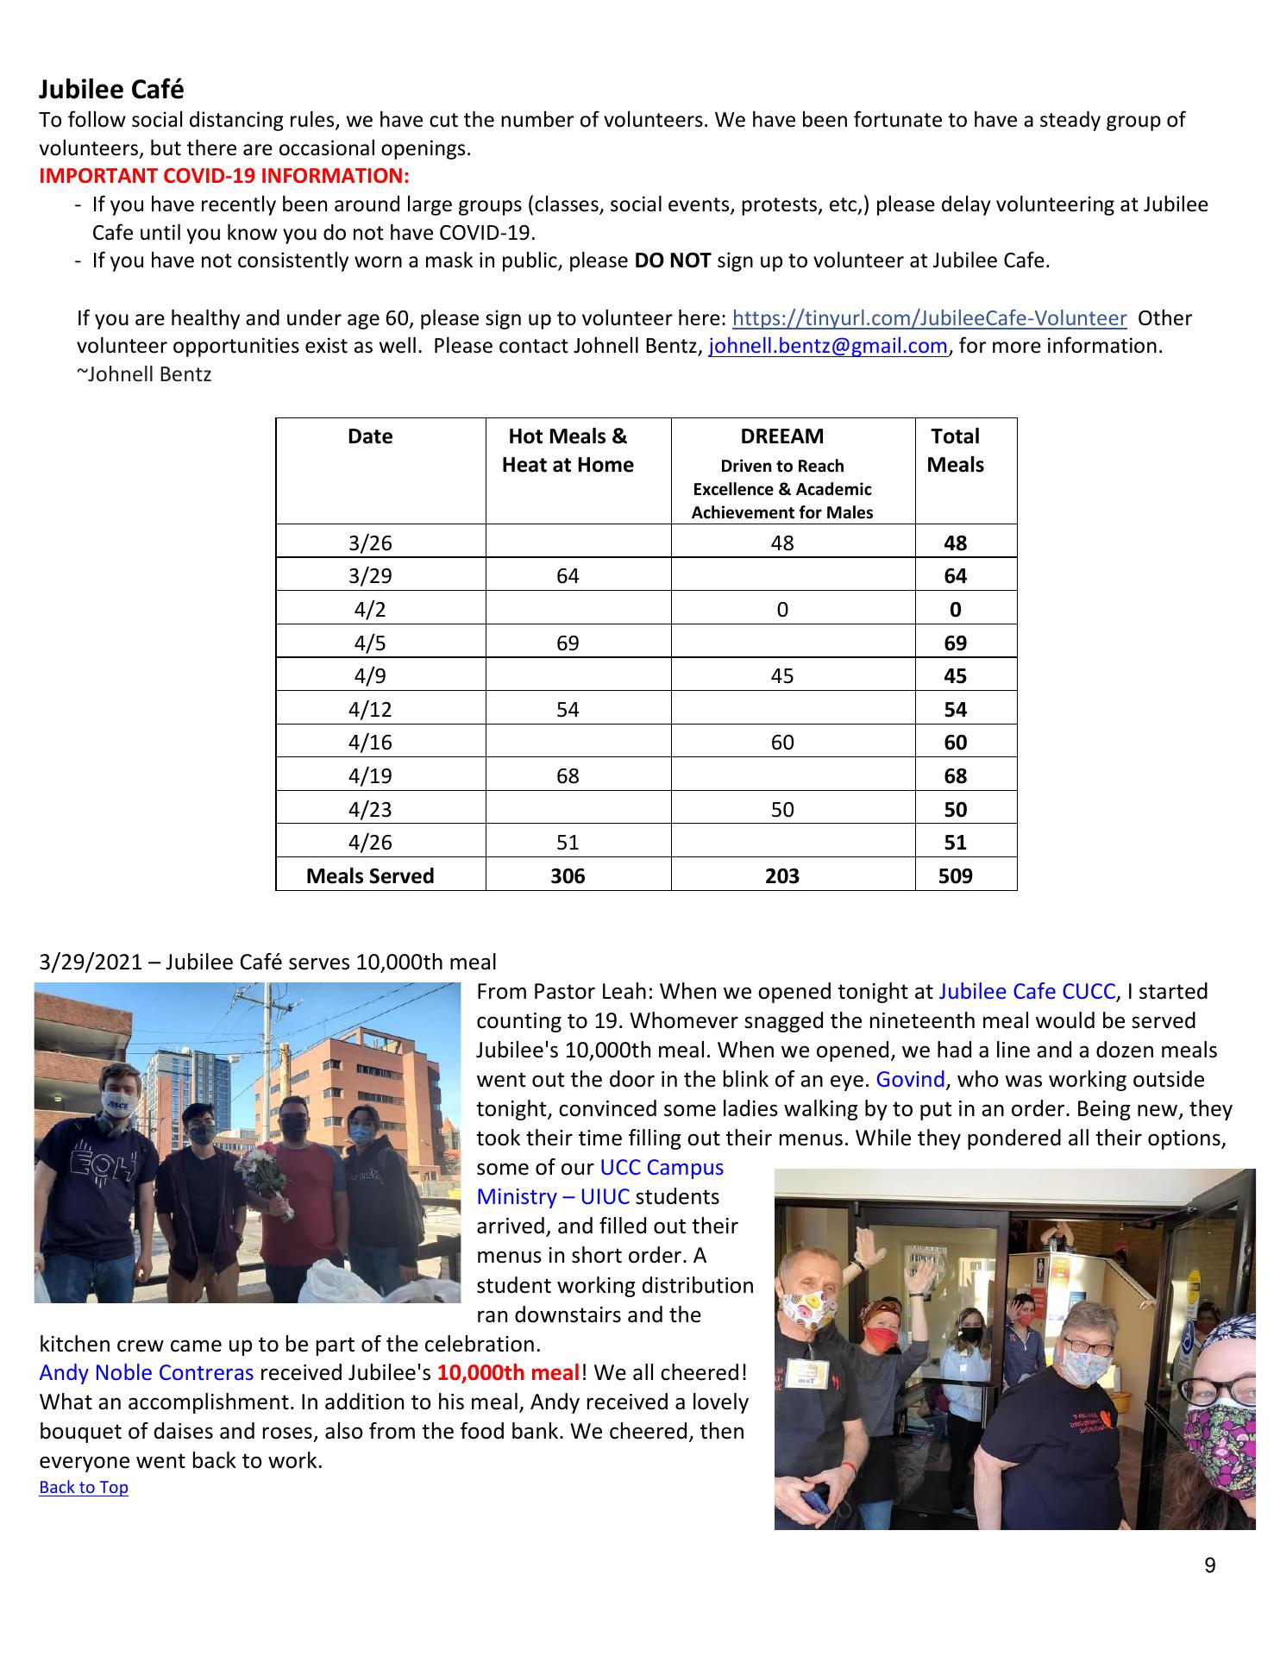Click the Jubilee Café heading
click(111, 90)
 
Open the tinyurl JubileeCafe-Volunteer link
click(928, 318)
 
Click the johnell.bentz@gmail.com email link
click(827, 347)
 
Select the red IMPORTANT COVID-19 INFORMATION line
click(223, 176)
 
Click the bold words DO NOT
click(672, 260)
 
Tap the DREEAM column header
click(781, 436)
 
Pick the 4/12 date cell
click(370, 709)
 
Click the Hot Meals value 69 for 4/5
click(568, 643)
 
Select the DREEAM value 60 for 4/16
click(781, 743)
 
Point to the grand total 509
click(955, 875)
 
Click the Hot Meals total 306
click(568, 875)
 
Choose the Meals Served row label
click(370, 875)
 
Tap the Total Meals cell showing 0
click(955, 610)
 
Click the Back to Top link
click(84, 1487)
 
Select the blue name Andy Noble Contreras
click(147, 1372)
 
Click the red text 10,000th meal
click(508, 1372)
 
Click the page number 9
click(1209, 1565)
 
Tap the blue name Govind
click(910, 1080)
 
